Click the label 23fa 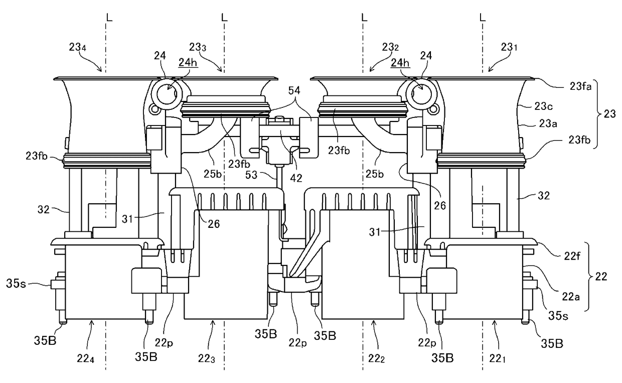(x=581, y=87)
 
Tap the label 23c (x=543, y=106)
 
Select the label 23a (x=548, y=123)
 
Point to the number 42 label (x=296, y=178)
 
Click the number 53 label (x=252, y=175)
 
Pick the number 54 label (x=294, y=91)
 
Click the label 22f (x=572, y=256)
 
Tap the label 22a (x=571, y=297)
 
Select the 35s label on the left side (x=16, y=284)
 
